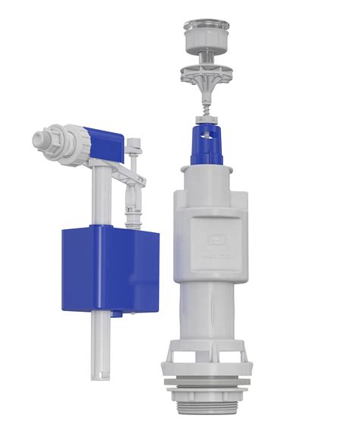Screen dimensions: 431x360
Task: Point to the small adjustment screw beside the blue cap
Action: point(135,144)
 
